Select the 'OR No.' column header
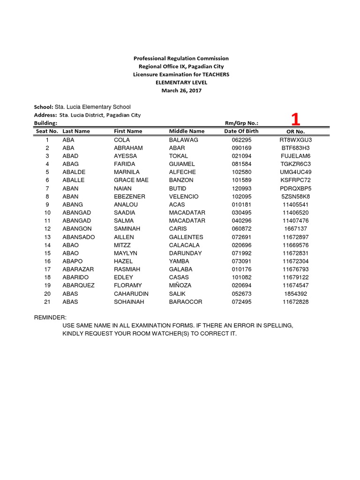(295, 132)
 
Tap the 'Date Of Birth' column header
(241, 131)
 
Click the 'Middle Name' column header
(187, 131)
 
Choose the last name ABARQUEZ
(79, 285)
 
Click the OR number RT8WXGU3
(295, 140)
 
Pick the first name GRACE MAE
(131, 180)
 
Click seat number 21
(47, 302)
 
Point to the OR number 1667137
(295, 229)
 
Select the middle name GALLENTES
(186, 237)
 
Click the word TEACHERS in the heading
(215, 75)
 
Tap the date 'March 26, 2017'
(181, 90)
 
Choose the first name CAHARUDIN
(131, 294)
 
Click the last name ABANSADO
(79, 237)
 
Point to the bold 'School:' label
(44, 107)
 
